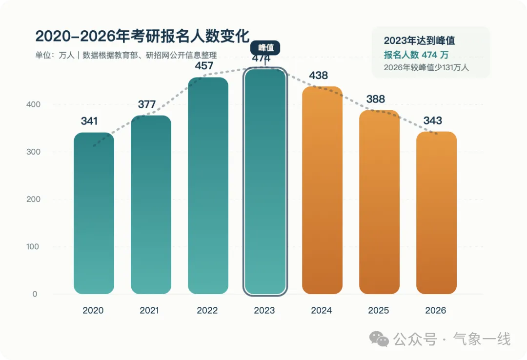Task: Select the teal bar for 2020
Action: [94, 213]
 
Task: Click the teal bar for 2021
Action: [151, 205]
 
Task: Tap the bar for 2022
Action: [208, 185]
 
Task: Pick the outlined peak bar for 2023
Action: [265, 181]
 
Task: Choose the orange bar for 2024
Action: [323, 190]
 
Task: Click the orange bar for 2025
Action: [380, 202]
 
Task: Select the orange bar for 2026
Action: [437, 213]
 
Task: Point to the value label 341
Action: [89, 121]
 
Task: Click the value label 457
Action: [204, 65]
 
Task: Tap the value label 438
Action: [318, 75]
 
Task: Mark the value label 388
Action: [375, 99]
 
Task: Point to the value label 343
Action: [432, 120]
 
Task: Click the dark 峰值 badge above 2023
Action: [265, 48]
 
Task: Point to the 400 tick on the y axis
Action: [33, 104]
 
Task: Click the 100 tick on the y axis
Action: [33, 247]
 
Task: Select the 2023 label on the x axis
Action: [264, 310]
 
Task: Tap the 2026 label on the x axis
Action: [436, 310]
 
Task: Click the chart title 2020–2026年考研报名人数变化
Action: [142, 36]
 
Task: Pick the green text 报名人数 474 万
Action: [416, 55]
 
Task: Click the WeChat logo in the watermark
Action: [379, 339]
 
